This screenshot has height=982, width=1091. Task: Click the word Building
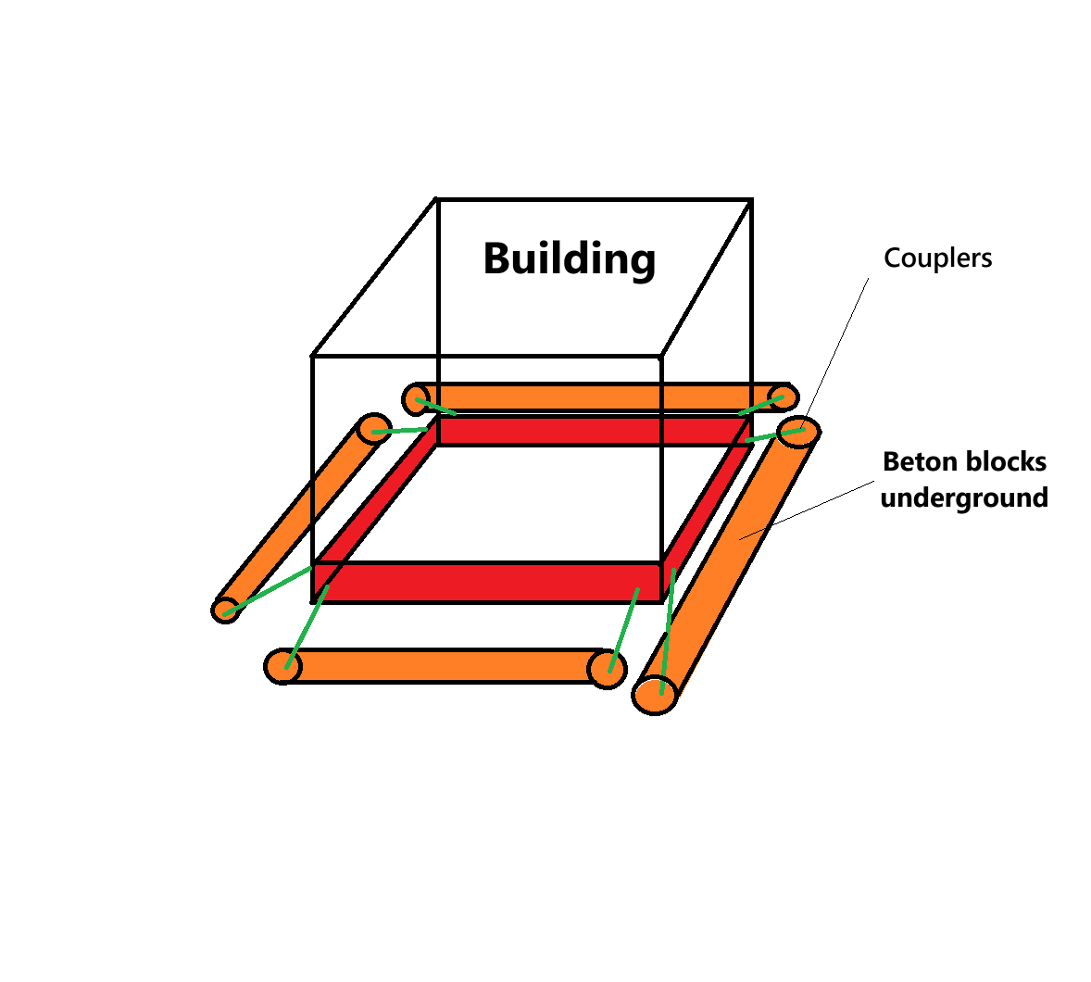tap(569, 258)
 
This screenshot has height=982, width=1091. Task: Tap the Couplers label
tap(937, 258)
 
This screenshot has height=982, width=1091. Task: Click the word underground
tap(964, 497)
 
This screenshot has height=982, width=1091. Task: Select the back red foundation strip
tap(593, 430)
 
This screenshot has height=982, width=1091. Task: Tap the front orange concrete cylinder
tap(445, 666)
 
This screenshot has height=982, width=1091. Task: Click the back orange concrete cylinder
tap(593, 397)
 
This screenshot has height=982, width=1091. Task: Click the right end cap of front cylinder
tap(607, 669)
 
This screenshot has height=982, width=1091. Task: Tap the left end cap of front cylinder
tap(282, 666)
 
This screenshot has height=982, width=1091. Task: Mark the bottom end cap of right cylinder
tap(655, 694)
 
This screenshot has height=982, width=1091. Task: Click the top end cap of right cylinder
tap(797, 432)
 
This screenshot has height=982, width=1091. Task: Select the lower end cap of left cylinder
tap(225, 610)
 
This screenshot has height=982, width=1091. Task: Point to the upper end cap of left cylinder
tap(374, 430)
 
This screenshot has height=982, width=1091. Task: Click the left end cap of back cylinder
tap(416, 399)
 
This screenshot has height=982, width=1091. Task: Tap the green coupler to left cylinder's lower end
tap(269, 588)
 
